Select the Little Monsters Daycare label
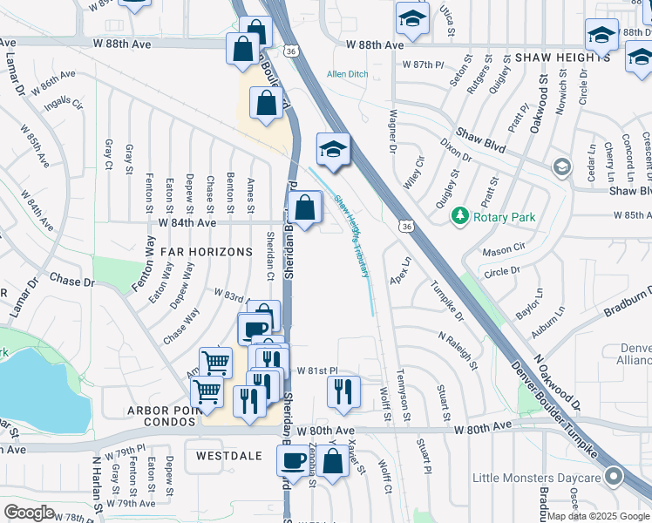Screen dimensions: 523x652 click(537, 478)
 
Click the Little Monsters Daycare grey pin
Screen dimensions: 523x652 click(615, 477)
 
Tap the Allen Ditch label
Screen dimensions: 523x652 click(348, 74)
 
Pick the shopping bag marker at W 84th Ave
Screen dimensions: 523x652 click(304, 209)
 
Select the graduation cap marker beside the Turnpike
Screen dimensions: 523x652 click(332, 149)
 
